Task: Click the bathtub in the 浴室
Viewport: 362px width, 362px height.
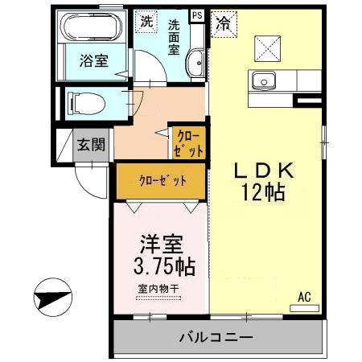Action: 91,27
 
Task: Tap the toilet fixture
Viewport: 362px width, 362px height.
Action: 86,103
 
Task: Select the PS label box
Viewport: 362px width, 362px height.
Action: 197,15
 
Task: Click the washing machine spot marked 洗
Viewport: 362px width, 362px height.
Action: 146,22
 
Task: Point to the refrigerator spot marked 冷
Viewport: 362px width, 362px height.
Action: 224,24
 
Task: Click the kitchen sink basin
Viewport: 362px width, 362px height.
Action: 263,80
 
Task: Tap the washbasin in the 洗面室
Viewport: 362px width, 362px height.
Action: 195,64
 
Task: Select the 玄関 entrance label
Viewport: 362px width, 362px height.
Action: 91,145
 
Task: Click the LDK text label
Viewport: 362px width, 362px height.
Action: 264,171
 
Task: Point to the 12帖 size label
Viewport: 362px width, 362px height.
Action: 263,192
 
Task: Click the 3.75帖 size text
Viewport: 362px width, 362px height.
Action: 164,266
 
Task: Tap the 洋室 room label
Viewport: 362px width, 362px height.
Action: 162,245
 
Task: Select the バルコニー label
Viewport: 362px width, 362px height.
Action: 216,337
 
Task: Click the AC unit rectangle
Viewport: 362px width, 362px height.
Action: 304,308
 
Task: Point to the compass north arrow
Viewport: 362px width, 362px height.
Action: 53,297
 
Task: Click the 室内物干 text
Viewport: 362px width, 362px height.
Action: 158,289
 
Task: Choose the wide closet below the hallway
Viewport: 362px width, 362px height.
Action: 161,181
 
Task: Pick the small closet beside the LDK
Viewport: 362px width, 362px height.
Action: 189,143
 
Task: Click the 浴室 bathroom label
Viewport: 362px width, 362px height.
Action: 94,61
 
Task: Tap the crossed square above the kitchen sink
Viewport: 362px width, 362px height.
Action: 267,48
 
